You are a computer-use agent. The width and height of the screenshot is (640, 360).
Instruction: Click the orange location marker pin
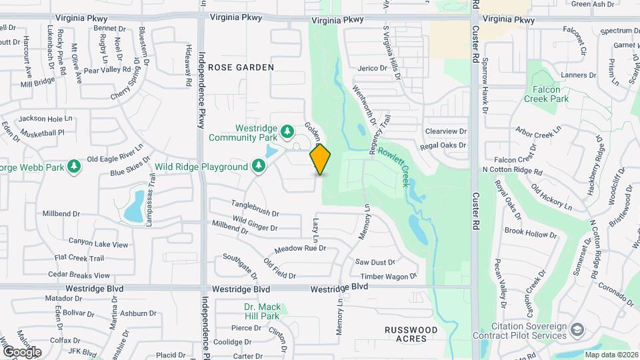(x=321, y=159)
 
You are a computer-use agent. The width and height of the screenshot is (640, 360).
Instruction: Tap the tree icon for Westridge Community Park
(x=287, y=131)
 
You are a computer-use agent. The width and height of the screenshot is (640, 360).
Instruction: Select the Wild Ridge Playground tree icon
(x=258, y=166)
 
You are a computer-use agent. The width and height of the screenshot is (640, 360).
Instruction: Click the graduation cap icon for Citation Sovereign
(x=577, y=329)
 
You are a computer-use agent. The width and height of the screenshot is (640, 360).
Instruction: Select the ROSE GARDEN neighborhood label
(x=241, y=67)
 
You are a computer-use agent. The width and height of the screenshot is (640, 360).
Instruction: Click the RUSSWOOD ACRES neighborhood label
(x=411, y=334)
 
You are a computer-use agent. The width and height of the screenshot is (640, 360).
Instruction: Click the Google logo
(x=21, y=351)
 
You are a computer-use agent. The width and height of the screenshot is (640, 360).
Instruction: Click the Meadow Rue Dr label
(x=300, y=248)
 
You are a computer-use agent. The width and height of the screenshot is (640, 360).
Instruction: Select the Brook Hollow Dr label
(x=531, y=233)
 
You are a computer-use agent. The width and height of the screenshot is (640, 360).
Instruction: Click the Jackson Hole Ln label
(x=45, y=119)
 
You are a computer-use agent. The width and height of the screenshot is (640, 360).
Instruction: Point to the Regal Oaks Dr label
(x=443, y=145)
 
